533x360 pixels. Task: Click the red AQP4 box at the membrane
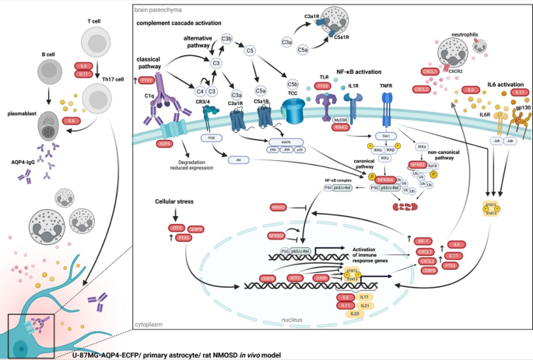[x=164, y=144]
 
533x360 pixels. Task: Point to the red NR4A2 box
[x=279, y=207]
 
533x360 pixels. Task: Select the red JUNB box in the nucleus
[x=321, y=275]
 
